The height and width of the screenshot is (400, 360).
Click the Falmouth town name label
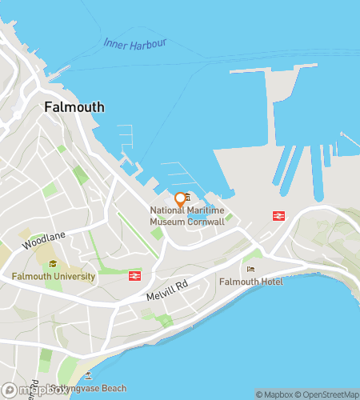[74, 106]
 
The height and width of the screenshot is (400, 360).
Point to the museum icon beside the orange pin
[187, 198]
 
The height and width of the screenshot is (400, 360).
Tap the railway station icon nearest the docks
[278, 215]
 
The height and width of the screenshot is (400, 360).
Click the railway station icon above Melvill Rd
[135, 276]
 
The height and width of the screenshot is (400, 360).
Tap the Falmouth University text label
[54, 277]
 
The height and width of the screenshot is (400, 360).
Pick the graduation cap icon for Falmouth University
[54, 265]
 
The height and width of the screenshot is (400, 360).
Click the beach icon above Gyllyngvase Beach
[88, 375]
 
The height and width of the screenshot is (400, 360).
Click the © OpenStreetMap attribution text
[328, 394]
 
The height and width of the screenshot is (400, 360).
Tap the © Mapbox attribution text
[274, 394]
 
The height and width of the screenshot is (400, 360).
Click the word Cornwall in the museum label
[207, 221]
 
